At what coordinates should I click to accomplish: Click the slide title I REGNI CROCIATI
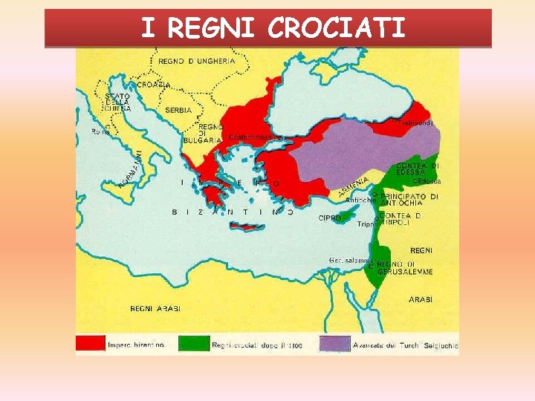[x=273, y=28]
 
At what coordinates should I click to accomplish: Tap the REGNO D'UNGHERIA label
[x=196, y=62]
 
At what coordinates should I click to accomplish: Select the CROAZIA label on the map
[x=154, y=85]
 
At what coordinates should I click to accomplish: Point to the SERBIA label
[x=178, y=110]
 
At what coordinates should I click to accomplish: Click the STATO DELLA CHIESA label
[x=117, y=102]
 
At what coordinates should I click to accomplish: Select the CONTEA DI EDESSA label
[x=418, y=169]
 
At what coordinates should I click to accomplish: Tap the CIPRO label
[x=329, y=218]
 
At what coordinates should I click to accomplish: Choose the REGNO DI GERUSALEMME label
[x=404, y=268]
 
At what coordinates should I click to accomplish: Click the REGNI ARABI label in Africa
[x=155, y=308]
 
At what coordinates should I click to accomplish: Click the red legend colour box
[x=90, y=344]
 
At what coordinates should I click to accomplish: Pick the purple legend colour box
[x=334, y=344]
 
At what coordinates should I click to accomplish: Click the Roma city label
[x=100, y=131]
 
